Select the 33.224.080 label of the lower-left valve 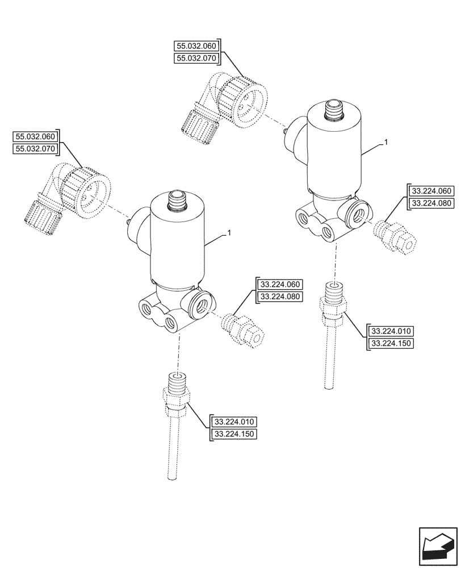(280, 296)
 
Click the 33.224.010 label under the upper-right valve (392, 331)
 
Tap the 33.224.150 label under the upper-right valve (392, 344)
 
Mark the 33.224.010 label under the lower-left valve (234, 422)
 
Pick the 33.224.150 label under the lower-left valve (234, 435)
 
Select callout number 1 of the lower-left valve (228, 233)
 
